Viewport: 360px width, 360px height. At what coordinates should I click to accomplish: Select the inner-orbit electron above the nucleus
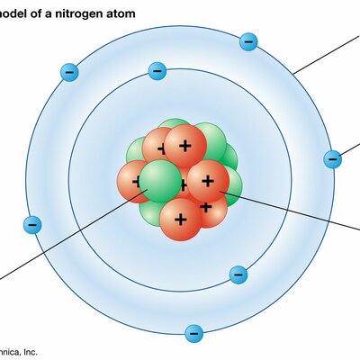click(157, 69)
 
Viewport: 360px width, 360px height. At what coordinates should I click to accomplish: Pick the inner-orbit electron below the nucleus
click(238, 274)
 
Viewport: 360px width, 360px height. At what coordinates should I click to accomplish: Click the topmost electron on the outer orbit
click(249, 41)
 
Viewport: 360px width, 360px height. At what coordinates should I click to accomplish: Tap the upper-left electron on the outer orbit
click(68, 72)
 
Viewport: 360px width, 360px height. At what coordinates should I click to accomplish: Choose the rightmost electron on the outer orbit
click(332, 159)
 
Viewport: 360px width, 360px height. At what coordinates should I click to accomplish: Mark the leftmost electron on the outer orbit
click(33, 225)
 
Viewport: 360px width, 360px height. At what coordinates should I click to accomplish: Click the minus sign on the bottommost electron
click(193, 334)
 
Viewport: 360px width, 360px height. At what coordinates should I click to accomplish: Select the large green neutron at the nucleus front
click(159, 181)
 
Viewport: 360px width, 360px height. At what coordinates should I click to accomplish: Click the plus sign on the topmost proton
click(184, 145)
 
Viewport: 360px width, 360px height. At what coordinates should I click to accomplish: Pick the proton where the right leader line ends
click(208, 181)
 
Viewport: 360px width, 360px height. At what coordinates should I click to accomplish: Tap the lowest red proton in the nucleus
click(180, 219)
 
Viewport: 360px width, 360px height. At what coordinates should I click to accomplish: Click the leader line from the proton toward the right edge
click(297, 211)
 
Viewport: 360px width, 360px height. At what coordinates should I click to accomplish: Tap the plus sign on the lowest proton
click(180, 219)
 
